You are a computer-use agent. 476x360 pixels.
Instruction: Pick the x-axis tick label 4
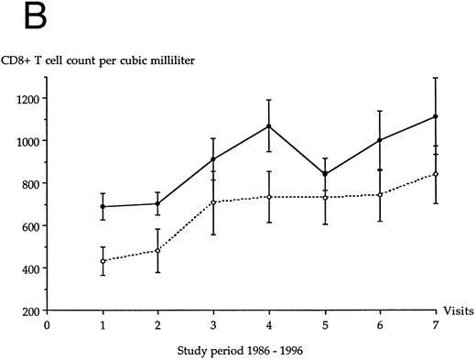click(x=268, y=322)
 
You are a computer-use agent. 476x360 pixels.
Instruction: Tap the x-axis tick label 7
click(x=435, y=322)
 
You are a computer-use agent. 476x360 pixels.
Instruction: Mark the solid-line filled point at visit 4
click(x=268, y=126)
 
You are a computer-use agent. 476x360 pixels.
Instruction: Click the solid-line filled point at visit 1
click(x=103, y=207)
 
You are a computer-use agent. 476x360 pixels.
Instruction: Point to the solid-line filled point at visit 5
click(x=324, y=174)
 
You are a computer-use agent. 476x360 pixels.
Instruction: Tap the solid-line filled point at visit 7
click(x=435, y=116)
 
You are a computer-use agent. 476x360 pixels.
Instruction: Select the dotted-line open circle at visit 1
click(x=103, y=261)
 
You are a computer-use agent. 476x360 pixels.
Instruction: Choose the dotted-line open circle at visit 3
click(x=213, y=202)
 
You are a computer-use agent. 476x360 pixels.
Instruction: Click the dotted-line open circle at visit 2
click(x=157, y=251)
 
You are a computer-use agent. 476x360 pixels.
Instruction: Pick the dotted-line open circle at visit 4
click(x=268, y=197)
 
